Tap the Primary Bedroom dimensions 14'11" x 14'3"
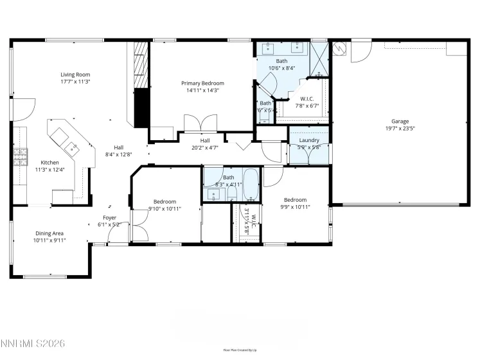[x=202, y=91]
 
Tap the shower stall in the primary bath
[x=319, y=58]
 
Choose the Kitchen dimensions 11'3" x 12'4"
[x=50, y=170]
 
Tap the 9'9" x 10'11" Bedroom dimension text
[x=297, y=207]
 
